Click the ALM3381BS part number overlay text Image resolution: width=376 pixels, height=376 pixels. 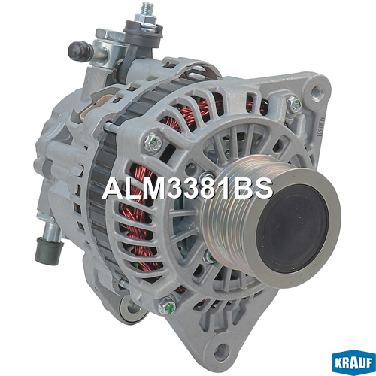pyautogui.click(x=187, y=189)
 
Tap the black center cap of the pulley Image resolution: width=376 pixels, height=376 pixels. pyautogui.click(x=293, y=229)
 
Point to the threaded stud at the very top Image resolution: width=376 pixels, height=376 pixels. pyautogui.click(x=145, y=10)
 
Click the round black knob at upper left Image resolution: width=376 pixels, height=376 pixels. pyautogui.click(x=80, y=51)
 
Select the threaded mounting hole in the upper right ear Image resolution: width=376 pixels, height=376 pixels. pyautogui.click(x=317, y=91)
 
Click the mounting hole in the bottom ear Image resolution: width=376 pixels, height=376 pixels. pyautogui.click(x=222, y=350)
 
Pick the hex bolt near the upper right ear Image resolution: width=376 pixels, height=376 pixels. pyautogui.click(x=294, y=104)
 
